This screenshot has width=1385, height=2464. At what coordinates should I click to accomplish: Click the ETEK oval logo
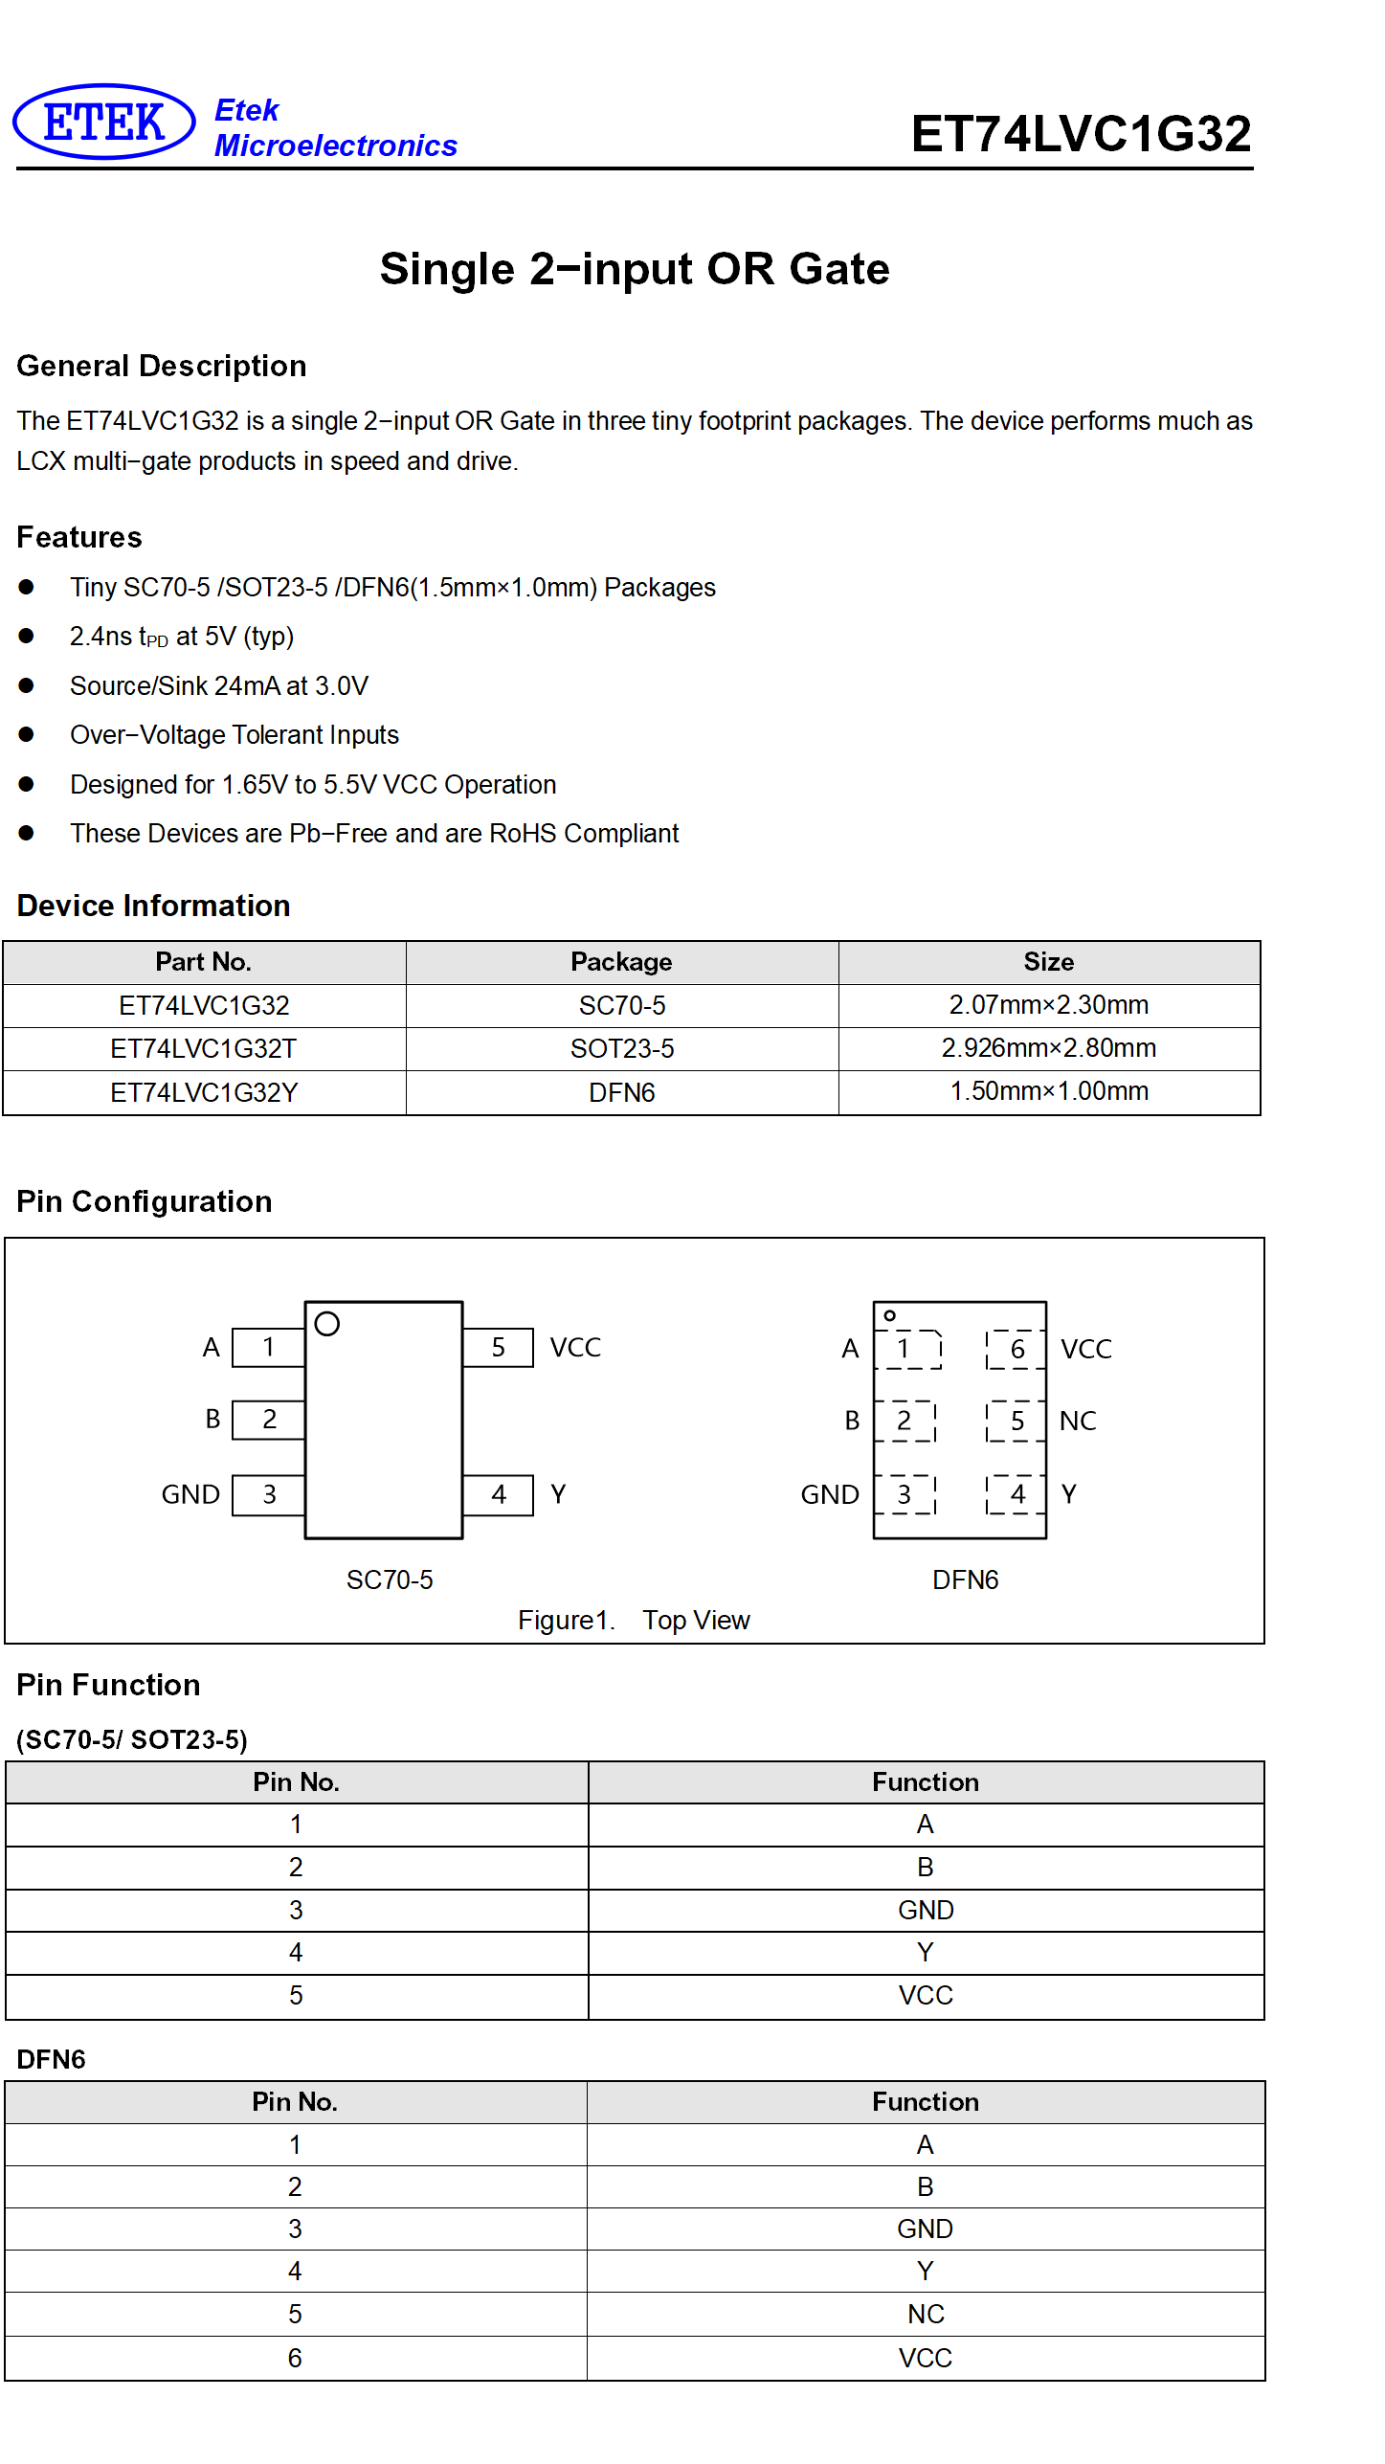click(103, 122)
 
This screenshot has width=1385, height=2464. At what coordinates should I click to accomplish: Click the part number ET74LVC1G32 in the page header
click(1081, 133)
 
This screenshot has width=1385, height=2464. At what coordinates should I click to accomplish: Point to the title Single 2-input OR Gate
click(635, 269)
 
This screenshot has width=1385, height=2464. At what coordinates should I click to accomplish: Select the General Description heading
click(162, 366)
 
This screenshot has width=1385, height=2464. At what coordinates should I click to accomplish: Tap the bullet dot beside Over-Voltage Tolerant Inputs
click(26, 734)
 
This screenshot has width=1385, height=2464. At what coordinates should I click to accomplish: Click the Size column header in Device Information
click(1048, 962)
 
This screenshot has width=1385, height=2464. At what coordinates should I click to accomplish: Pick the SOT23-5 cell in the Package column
click(622, 1049)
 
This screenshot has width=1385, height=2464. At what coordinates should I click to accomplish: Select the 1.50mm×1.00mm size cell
click(1049, 1091)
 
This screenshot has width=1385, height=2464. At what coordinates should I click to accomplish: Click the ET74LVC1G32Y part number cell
click(204, 1092)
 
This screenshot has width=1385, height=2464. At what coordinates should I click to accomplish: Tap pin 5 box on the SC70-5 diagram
click(498, 1348)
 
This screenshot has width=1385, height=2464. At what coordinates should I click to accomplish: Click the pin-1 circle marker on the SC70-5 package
click(327, 1324)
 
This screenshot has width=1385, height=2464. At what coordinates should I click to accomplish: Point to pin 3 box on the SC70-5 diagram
click(269, 1494)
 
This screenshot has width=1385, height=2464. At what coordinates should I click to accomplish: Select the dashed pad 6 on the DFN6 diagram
click(1016, 1349)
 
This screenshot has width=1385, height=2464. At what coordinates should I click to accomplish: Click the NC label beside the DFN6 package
click(1078, 1422)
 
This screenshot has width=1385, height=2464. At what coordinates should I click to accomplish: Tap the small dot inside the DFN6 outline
click(890, 1316)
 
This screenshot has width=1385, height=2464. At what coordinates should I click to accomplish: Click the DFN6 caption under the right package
click(965, 1579)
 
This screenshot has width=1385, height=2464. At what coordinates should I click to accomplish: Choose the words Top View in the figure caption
click(696, 1620)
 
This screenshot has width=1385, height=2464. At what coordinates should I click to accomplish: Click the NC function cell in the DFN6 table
click(926, 2314)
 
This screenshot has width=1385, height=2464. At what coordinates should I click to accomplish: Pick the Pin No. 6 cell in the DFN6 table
click(295, 2358)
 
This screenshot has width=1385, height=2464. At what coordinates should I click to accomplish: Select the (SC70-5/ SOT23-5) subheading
click(132, 1739)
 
